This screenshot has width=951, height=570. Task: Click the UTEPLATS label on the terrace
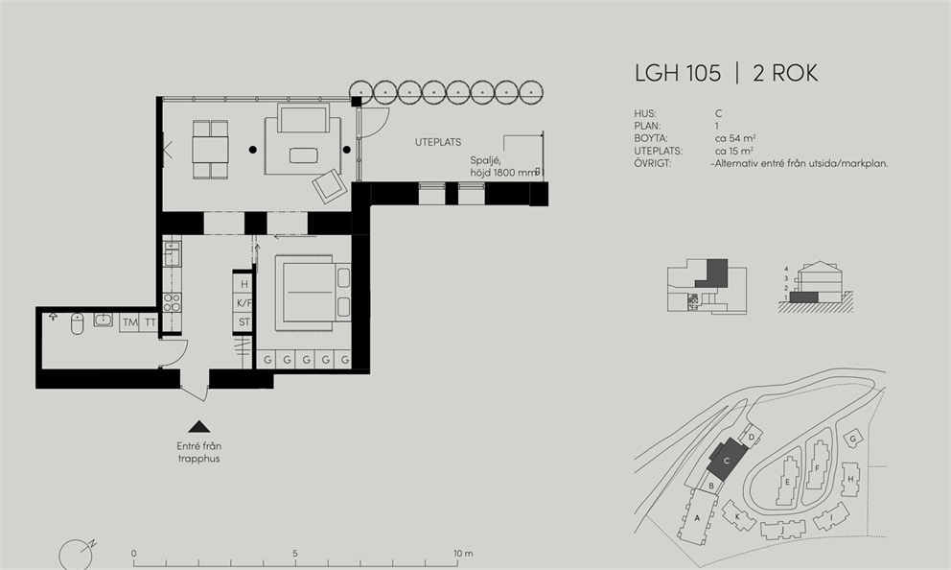tap(438, 142)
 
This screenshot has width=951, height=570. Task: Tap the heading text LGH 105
tap(678, 74)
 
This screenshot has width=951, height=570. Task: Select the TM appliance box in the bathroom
tap(129, 322)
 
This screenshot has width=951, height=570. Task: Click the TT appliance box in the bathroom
tap(150, 322)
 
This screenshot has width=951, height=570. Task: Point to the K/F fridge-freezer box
tap(244, 303)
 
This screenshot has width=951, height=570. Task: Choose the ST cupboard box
tap(244, 321)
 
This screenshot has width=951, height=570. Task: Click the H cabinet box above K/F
tap(244, 284)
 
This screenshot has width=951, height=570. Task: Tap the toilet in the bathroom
tap(77, 323)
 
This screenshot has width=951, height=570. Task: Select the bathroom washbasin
tap(104, 320)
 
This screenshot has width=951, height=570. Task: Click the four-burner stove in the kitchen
tap(173, 302)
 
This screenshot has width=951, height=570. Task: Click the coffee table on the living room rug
tap(303, 155)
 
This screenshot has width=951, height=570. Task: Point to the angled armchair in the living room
tap(330, 185)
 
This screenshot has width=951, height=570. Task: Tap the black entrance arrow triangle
tap(199, 426)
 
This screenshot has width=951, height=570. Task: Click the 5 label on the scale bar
tap(295, 554)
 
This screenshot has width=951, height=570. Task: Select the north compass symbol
tap(77, 555)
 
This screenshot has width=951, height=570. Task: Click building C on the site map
tap(727, 461)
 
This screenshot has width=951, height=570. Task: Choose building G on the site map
tap(853, 439)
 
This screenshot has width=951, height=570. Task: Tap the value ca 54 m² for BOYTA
tap(735, 138)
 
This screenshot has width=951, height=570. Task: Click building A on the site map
tap(698, 518)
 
